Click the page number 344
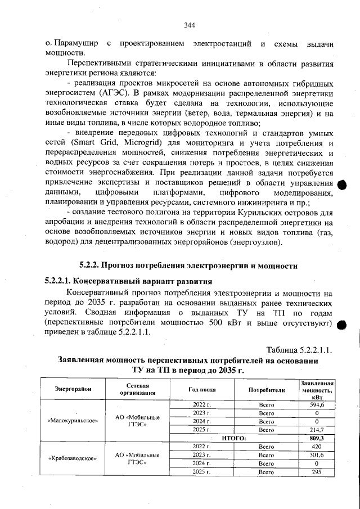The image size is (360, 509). [189, 25]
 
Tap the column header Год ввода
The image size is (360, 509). [201, 389]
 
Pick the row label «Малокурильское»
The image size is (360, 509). [73, 421]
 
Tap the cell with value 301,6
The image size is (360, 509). [317, 454]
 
